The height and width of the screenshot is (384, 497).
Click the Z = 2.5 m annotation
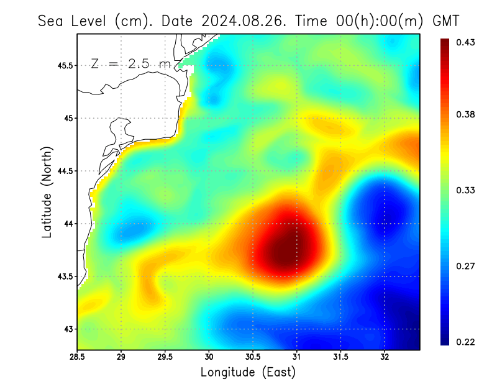[x=130, y=64]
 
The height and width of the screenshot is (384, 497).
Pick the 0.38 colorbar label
[x=466, y=114]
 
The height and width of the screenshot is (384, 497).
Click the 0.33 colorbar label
[x=466, y=190]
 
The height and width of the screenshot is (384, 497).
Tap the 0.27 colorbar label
[x=466, y=266]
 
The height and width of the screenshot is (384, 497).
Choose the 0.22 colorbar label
[x=466, y=342]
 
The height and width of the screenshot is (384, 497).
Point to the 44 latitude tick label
[x=68, y=224]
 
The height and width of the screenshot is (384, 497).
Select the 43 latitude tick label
[x=68, y=329]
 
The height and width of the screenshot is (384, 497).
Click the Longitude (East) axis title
[x=248, y=372]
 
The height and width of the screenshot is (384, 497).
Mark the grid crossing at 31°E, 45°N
[x=297, y=118]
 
